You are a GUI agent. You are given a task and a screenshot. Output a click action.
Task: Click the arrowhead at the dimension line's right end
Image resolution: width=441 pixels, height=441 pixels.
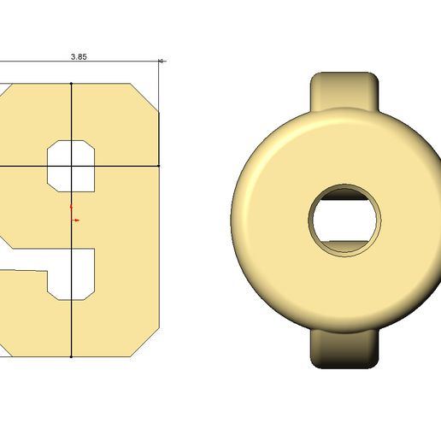pos(162,62)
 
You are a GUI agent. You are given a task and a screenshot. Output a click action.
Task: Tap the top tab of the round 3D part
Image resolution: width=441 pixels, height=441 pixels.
pos(345,89)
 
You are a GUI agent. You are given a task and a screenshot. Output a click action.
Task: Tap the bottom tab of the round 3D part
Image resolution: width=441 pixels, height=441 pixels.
pos(345,350)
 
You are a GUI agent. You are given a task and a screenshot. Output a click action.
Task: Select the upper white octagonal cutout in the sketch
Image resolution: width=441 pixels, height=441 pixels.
pos(71,166)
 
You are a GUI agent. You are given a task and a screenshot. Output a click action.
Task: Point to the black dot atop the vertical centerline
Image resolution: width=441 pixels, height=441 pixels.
pos(71,84)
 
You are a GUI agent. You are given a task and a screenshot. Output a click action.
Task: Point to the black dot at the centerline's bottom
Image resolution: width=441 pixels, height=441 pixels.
pos(71,356)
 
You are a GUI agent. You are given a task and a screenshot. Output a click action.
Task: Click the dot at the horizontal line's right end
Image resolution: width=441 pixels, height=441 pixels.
pos(160,166)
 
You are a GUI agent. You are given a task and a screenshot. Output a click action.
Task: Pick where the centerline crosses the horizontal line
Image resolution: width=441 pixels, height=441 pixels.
pos(71,166)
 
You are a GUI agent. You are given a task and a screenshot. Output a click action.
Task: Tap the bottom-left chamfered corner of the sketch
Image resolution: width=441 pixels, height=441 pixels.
pos(4,350)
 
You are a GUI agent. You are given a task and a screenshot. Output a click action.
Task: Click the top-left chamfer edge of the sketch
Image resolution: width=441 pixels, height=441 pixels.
pos(4,89)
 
